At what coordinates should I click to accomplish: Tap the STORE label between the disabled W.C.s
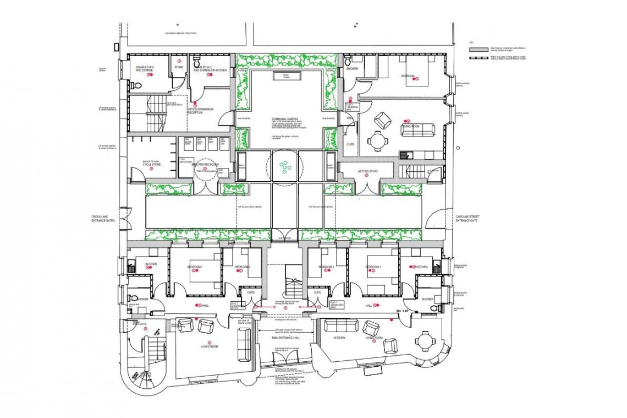click(x=178, y=68)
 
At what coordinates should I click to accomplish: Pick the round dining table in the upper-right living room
click(x=377, y=140)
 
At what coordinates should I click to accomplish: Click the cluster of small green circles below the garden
click(x=284, y=165)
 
